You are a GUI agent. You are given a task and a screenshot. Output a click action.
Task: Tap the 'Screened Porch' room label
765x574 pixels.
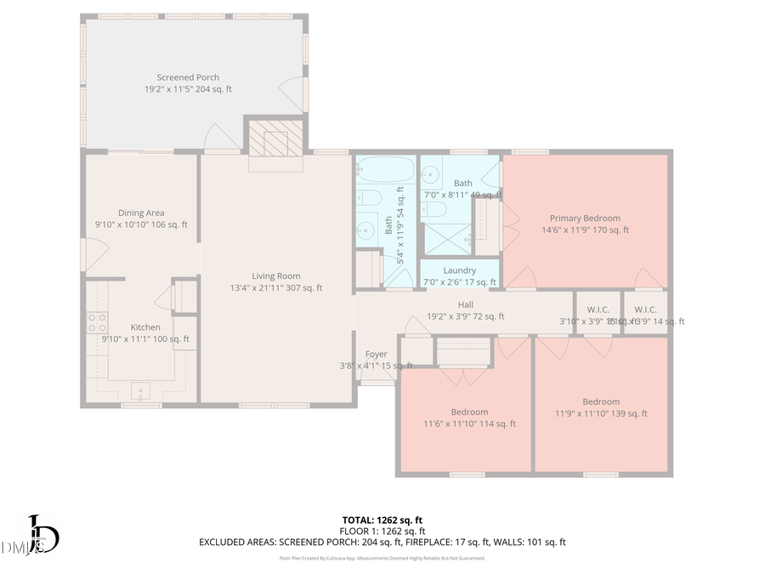click(x=188, y=77)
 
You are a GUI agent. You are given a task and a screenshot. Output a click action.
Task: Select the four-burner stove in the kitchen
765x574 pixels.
click(x=97, y=322)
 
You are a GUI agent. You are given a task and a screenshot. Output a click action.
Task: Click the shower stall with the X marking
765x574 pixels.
click(x=446, y=238)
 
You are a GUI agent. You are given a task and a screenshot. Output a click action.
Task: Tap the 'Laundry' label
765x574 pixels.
click(x=460, y=270)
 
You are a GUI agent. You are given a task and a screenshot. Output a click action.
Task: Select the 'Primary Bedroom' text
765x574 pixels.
click(x=585, y=219)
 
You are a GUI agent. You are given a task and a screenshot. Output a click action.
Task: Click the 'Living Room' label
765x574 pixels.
click(x=276, y=276)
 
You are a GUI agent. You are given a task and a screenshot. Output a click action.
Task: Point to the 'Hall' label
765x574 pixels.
click(x=465, y=304)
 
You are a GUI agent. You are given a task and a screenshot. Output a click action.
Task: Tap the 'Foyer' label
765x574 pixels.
click(x=376, y=354)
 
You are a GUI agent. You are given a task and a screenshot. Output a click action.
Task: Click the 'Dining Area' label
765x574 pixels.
click(x=141, y=213)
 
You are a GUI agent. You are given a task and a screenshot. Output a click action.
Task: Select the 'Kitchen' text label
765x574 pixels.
click(x=145, y=327)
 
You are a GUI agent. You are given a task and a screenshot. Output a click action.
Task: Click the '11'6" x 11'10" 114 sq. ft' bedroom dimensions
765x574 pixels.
click(x=469, y=423)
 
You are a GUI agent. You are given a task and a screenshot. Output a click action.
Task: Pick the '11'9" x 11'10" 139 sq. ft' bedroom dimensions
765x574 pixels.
click(x=601, y=413)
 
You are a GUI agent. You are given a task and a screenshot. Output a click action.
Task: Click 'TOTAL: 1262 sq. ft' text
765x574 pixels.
click(x=382, y=519)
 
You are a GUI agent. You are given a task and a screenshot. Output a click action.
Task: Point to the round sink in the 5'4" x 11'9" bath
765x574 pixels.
click(x=366, y=229)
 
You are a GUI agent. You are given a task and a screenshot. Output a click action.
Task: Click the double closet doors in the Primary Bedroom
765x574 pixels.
click(x=510, y=226)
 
